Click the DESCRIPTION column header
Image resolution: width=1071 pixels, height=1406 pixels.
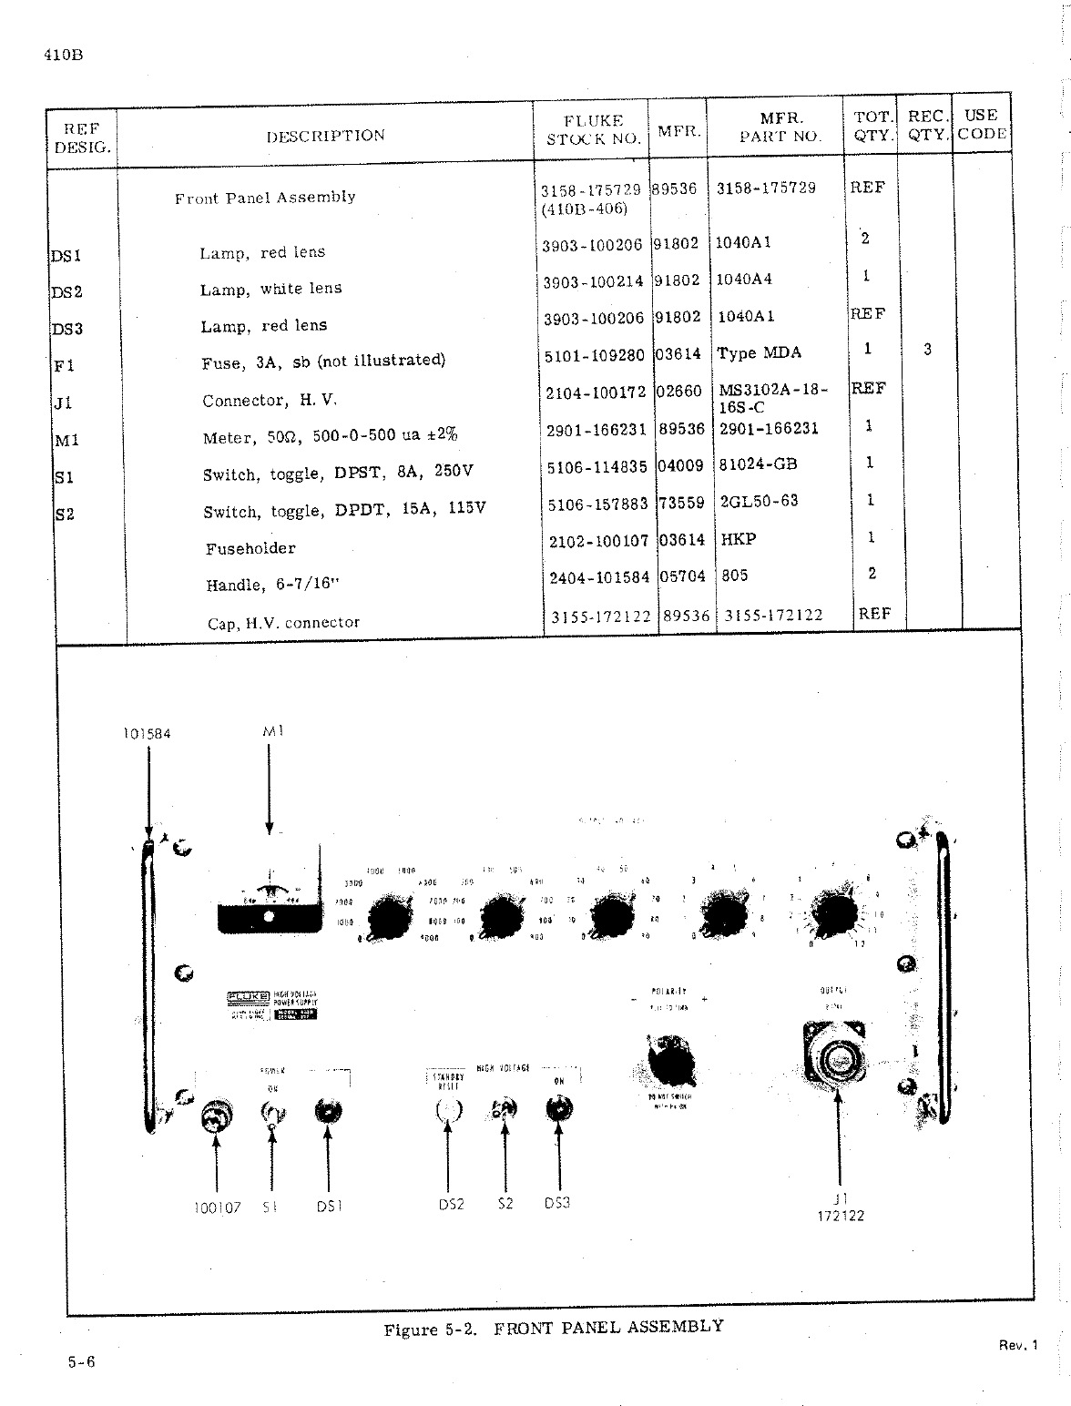(325, 136)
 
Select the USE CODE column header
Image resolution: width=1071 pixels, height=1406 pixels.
(981, 125)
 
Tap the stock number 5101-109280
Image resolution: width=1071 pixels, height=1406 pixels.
(594, 355)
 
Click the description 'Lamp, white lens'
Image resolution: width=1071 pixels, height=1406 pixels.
(271, 289)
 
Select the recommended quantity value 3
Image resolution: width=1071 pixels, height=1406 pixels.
(927, 349)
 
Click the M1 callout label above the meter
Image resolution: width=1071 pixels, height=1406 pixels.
(270, 730)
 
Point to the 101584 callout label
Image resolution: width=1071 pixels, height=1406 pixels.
(147, 733)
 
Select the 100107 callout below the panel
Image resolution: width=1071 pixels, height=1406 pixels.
(217, 1207)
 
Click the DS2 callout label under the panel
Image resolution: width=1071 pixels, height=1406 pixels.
(451, 1204)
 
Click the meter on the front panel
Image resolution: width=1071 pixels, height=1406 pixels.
(269, 902)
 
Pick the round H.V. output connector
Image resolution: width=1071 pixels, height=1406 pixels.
(836, 1057)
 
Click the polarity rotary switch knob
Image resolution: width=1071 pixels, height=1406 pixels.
(672, 1059)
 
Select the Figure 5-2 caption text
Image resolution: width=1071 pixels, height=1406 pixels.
(554, 1328)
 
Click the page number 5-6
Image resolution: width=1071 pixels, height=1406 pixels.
(81, 1362)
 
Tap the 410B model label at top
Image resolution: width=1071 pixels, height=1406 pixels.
(63, 55)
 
